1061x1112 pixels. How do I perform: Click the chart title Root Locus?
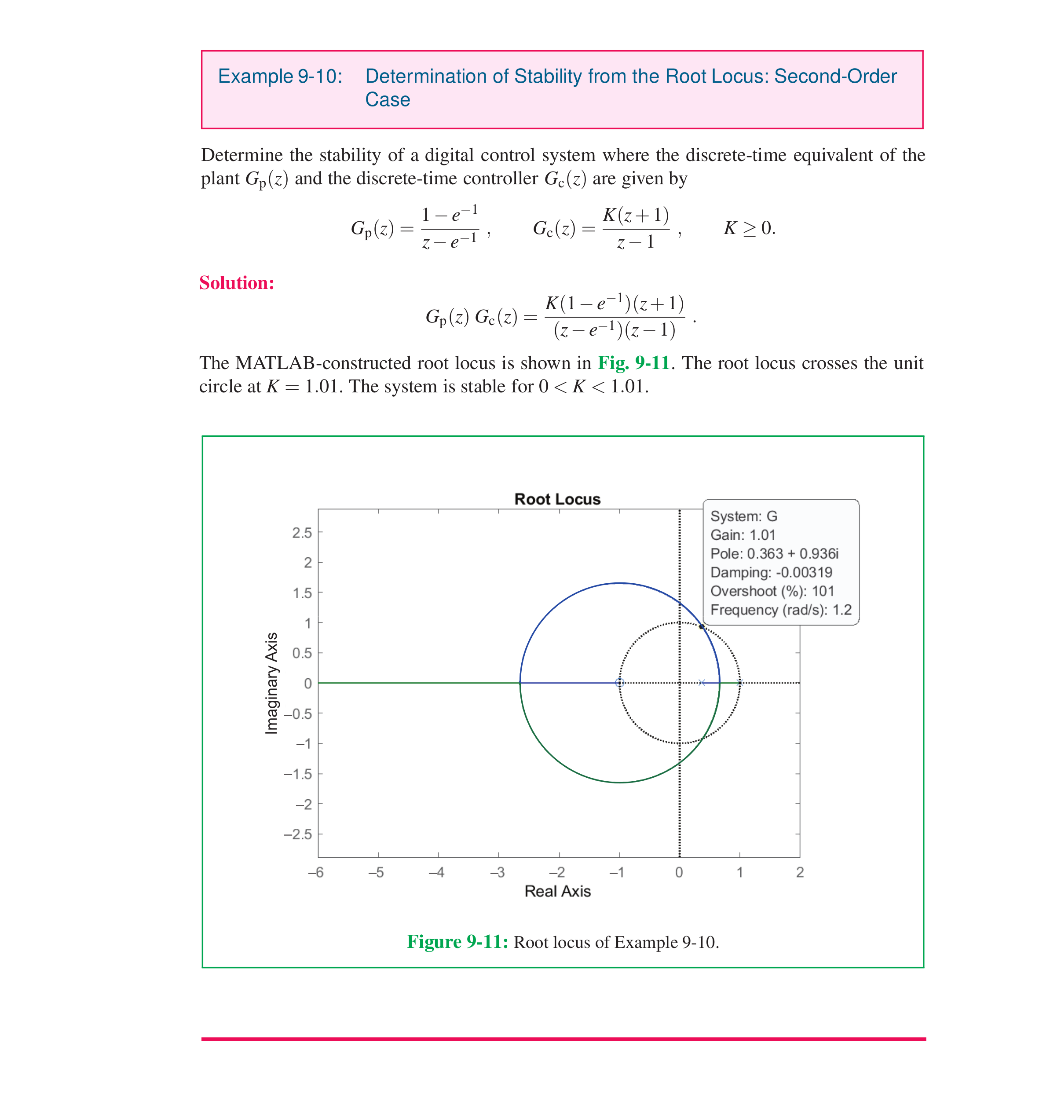pos(557,499)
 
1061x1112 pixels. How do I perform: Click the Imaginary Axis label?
pos(271,683)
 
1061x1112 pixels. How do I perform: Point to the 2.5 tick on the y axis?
pos(302,532)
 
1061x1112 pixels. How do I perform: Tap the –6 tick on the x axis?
pos(315,872)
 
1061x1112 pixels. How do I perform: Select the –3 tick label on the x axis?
pos(497,872)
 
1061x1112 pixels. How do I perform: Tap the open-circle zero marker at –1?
pos(619,683)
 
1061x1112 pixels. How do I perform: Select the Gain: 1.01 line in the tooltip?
pos(743,534)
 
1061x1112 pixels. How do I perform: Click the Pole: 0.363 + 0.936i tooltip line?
pos(774,553)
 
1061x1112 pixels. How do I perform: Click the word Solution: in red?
pos(236,283)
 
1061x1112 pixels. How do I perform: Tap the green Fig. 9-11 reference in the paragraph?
pos(633,362)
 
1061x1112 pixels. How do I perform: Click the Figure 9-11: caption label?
pos(457,942)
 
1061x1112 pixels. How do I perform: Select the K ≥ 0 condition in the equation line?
pos(750,228)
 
